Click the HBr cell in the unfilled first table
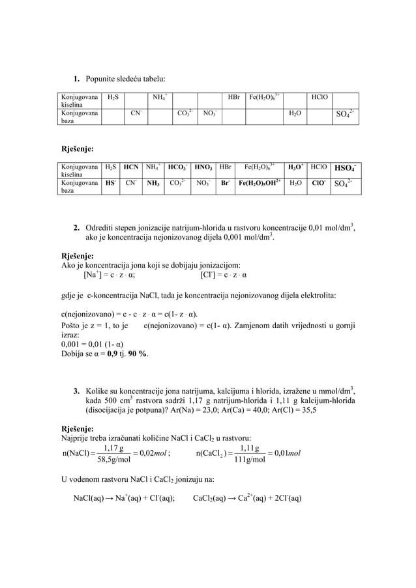click(x=233, y=98)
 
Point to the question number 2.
click(x=76, y=227)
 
